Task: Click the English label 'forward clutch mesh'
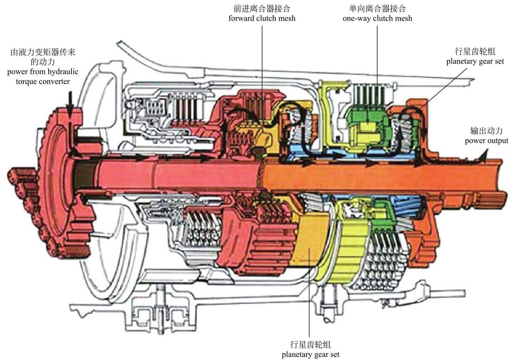coord(262,18)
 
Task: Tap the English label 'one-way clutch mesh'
coord(377,18)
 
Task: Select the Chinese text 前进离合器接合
coord(262,9)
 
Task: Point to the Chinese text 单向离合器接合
coord(377,9)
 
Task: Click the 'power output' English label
coord(486,141)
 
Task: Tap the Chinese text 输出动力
coord(486,131)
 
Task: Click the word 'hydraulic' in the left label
coord(63,72)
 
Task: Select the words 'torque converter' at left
coord(43,81)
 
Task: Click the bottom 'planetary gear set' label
coord(311,355)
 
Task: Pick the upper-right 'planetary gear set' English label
coord(475,61)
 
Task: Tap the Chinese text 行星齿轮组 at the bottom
coord(311,344)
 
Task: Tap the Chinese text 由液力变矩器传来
coord(43,52)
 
